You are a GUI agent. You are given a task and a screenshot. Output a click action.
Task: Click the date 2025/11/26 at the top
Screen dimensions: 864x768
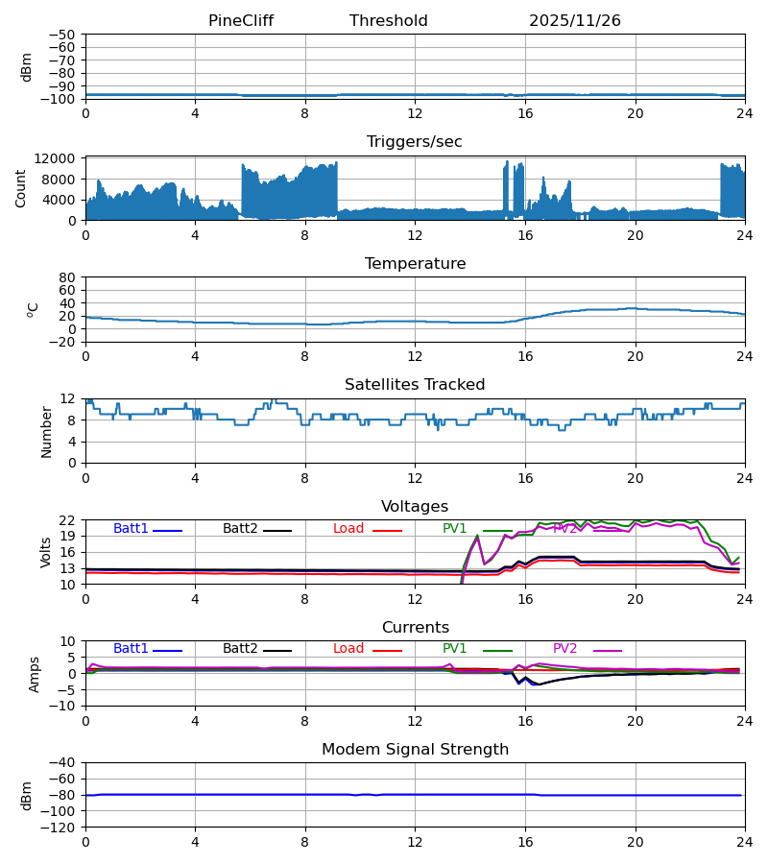575,21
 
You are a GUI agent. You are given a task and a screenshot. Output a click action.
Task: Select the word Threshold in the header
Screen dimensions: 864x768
388,21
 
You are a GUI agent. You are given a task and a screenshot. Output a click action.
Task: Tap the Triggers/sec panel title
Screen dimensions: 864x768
414,142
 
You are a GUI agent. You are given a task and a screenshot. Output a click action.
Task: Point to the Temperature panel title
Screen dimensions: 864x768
415,264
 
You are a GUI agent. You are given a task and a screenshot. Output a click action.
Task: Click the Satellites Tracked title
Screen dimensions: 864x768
415,385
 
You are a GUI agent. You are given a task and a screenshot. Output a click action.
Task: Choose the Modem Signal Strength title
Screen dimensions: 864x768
415,750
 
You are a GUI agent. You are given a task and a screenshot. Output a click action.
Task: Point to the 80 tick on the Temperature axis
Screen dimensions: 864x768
68,277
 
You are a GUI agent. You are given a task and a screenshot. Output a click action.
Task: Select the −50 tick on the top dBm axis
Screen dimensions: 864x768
63,35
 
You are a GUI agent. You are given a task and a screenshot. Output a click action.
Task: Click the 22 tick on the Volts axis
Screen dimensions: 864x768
68,520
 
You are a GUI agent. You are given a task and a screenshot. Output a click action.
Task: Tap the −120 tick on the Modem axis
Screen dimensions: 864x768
60,827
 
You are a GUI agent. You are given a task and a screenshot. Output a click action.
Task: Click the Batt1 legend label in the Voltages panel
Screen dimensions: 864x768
132,529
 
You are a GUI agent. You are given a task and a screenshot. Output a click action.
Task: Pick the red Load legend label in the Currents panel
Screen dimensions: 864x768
348,649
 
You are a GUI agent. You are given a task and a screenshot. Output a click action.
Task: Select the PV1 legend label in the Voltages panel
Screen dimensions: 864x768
455,529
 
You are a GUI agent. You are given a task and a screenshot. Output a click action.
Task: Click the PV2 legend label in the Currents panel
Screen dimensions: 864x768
565,649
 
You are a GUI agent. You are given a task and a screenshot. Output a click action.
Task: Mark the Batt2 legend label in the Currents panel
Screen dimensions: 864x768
241,649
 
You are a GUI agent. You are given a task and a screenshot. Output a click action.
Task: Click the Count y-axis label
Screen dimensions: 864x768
22,188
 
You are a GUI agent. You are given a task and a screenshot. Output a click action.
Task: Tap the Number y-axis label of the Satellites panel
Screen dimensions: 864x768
47,431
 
